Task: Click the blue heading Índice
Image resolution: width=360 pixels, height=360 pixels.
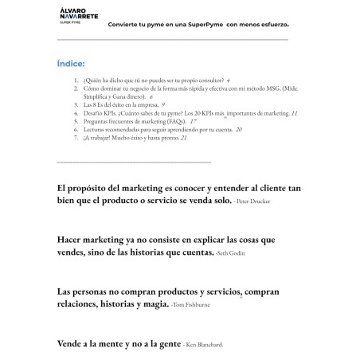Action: point(71,63)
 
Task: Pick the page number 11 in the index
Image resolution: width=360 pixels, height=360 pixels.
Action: point(295,114)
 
